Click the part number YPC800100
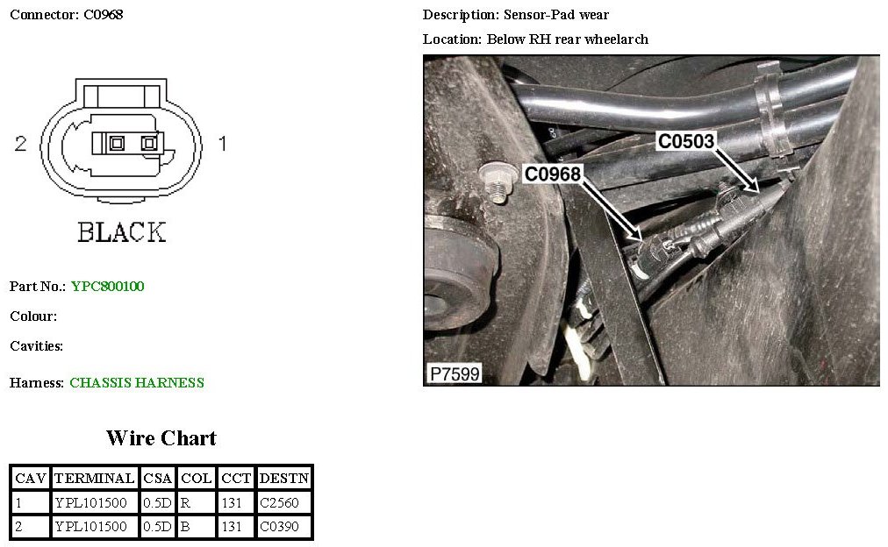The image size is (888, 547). click(x=108, y=287)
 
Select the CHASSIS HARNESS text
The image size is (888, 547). click(x=137, y=383)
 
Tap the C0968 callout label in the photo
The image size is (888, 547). click(x=553, y=174)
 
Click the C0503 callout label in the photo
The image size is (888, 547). click(x=686, y=140)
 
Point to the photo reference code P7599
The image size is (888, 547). click(x=454, y=374)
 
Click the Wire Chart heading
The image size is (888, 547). click(x=161, y=438)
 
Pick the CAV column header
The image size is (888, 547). click(x=31, y=479)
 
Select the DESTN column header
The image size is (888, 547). click(x=283, y=479)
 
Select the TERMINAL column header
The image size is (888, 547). click(x=95, y=479)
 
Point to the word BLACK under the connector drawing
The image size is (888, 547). click(x=121, y=232)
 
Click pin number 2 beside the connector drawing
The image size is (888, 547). click(x=21, y=144)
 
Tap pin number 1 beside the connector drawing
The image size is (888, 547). click(x=222, y=144)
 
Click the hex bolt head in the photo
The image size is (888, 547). click(x=496, y=186)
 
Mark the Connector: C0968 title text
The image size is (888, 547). click(x=66, y=15)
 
